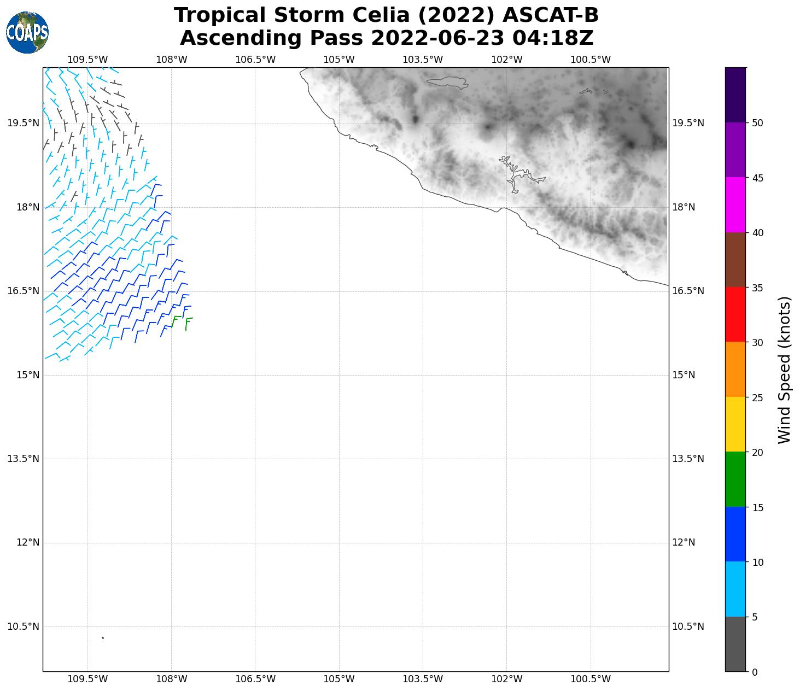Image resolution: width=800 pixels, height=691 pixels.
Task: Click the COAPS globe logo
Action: coord(27,32)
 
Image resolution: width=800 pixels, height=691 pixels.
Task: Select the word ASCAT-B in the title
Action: coord(550,15)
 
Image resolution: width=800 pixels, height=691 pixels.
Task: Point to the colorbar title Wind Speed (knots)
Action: coord(784,370)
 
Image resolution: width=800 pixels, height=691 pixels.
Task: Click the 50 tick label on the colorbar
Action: coord(757,123)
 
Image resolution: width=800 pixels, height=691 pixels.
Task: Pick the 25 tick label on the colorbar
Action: coord(757,397)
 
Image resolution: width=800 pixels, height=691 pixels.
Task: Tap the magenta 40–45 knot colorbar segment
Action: coord(735,205)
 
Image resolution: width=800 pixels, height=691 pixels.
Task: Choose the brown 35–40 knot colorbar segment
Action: coord(735,260)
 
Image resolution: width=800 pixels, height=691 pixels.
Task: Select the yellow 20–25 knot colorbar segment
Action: coord(735,424)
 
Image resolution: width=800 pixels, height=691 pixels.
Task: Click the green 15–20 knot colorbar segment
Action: coord(735,479)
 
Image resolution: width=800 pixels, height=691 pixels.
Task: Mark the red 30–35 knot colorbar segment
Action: coord(735,314)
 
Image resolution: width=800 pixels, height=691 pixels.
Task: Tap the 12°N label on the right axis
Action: coord(684,542)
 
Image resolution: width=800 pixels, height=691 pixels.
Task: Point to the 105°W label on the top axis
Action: coord(339,60)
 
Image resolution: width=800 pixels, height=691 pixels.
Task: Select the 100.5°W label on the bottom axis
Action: coord(591,679)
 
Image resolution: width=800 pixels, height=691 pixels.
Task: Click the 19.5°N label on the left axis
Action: coord(23,123)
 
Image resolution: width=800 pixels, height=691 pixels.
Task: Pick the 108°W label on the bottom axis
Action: coord(172,679)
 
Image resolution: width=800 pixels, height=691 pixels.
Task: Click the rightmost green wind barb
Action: coord(188,323)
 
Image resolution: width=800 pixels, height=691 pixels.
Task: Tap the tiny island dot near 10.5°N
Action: coord(103,637)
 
